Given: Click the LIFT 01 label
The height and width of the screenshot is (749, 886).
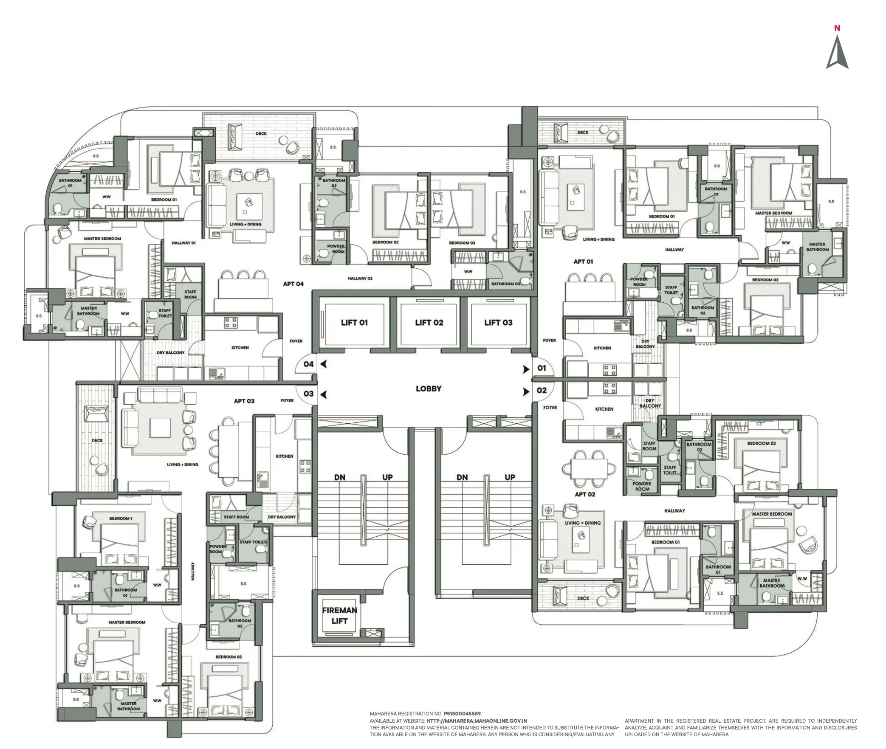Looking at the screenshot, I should pyautogui.click(x=354, y=323).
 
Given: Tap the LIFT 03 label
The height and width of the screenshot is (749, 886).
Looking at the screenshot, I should pyautogui.click(x=498, y=323).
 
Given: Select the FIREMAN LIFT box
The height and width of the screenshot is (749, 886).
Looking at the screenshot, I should pyautogui.click(x=339, y=616).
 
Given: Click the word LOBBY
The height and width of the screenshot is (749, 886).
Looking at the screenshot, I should pyautogui.click(x=428, y=389).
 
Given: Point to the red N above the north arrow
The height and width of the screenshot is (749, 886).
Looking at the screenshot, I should pyautogui.click(x=837, y=28).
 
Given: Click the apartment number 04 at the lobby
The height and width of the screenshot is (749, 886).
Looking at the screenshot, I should pyautogui.click(x=308, y=364).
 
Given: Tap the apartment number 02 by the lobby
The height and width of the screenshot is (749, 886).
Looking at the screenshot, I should pyautogui.click(x=542, y=390).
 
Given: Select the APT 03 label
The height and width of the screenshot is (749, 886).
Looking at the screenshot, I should pyautogui.click(x=244, y=401).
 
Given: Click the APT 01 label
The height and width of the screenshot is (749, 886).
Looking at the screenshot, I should pyautogui.click(x=583, y=262).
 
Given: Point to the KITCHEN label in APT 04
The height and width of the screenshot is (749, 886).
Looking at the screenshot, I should pyautogui.click(x=240, y=348).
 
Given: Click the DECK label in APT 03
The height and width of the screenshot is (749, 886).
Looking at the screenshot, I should pyautogui.click(x=97, y=440).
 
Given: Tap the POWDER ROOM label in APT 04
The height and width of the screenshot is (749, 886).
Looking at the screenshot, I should pyautogui.click(x=336, y=249).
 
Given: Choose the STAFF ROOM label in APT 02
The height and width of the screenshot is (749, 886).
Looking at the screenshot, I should pyautogui.click(x=649, y=446).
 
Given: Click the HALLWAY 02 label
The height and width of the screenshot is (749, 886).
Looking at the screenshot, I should pyautogui.click(x=360, y=279).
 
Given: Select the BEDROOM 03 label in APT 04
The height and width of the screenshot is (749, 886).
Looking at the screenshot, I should pyautogui.click(x=462, y=243).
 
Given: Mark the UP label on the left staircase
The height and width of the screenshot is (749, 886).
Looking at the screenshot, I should pyautogui.click(x=387, y=477).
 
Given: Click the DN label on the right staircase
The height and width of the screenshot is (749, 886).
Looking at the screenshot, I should pyautogui.click(x=462, y=477).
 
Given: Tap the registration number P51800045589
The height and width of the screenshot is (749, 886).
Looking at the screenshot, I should pyautogui.click(x=462, y=714).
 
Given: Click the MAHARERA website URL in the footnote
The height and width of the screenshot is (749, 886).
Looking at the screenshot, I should pyautogui.click(x=477, y=721).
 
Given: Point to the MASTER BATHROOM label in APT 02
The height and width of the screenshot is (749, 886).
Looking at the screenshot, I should pyautogui.click(x=772, y=583).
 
